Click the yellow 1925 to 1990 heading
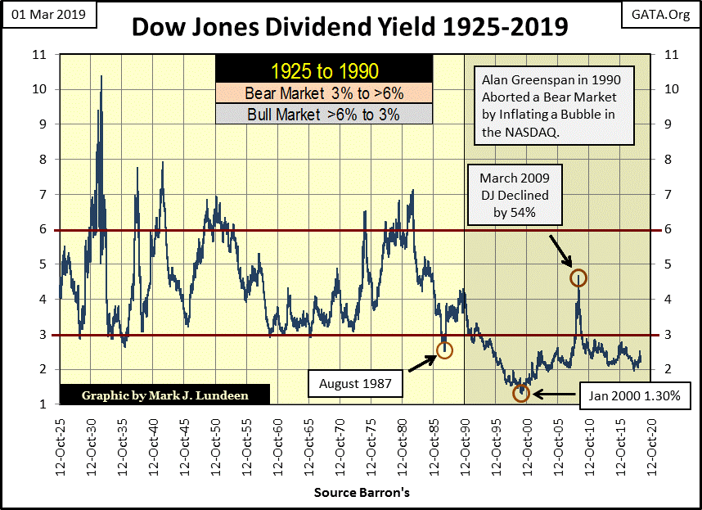[x=323, y=71]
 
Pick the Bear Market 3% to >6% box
[x=323, y=93]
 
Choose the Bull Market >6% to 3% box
[x=323, y=115]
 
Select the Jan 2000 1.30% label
[x=628, y=399]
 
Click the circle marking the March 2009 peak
[x=578, y=278]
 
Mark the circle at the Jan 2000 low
[x=522, y=394]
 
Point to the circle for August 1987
[x=444, y=350]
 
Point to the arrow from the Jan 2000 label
[x=553, y=397]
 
